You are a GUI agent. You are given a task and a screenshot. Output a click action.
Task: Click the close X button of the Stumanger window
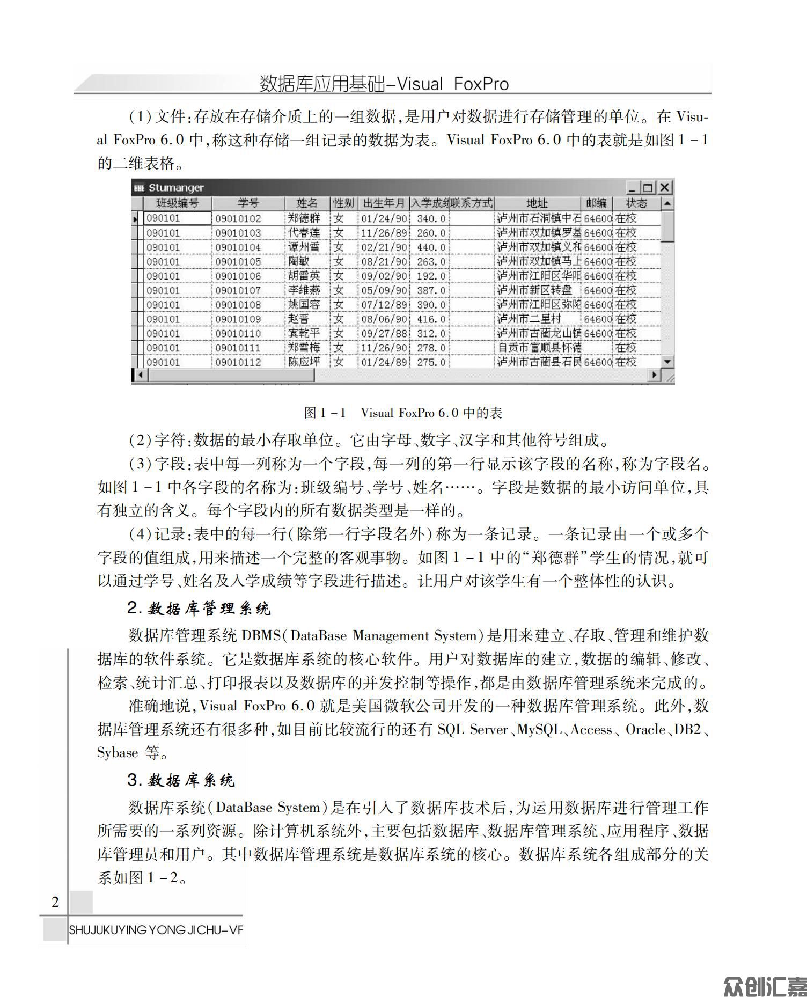click(665, 187)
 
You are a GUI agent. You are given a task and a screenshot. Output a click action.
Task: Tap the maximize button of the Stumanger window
click(648, 187)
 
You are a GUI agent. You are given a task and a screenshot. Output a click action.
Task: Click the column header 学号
click(248, 203)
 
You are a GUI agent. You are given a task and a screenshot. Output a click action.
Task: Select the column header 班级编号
click(177, 203)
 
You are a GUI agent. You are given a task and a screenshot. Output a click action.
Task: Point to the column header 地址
click(537, 203)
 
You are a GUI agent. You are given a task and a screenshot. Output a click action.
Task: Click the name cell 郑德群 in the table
click(304, 218)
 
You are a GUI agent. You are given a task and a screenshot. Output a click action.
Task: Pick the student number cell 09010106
click(238, 276)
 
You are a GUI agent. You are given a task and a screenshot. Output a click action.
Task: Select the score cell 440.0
click(431, 247)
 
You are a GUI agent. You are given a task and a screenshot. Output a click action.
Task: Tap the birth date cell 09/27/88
click(384, 334)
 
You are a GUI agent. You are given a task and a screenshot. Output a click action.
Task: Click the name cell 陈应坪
click(304, 362)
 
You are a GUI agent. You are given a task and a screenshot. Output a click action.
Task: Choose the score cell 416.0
click(431, 319)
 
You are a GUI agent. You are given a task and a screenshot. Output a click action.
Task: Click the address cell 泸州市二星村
click(529, 319)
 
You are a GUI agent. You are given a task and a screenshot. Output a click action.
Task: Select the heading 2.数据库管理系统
click(199, 609)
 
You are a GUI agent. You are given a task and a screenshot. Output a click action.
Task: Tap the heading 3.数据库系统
click(181, 780)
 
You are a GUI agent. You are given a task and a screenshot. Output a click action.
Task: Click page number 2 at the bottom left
click(55, 901)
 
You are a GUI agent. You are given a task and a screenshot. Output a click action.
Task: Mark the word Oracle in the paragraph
click(645, 729)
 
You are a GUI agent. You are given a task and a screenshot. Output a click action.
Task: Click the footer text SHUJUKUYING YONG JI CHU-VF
click(155, 930)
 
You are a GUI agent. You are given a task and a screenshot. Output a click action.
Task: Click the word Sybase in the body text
click(118, 753)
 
